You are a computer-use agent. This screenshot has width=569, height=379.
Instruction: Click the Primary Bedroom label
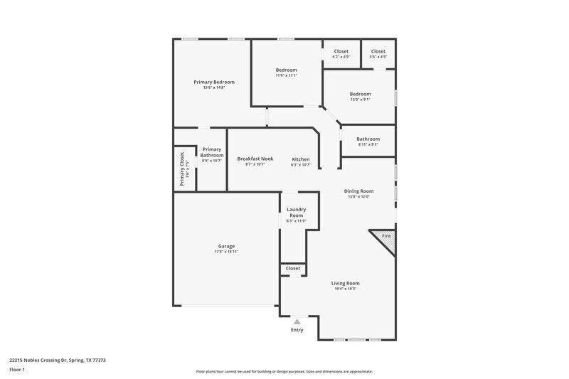tap(214, 82)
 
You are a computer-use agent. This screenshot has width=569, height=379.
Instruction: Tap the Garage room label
tap(226, 246)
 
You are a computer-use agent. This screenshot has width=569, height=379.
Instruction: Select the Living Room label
tap(346, 283)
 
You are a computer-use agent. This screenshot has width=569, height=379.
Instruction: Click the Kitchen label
tap(301, 159)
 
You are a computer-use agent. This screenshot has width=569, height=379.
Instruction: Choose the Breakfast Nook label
tap(255, 159)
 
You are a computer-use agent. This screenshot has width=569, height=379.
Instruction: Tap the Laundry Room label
tap(296, 212)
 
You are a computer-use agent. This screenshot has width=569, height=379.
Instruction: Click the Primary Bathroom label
tap(212, 152)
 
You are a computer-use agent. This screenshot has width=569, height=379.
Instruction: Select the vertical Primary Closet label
tap(182, 169)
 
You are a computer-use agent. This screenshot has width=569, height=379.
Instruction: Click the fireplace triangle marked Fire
tap(385, 237)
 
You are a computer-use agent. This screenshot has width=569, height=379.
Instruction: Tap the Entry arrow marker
tap(297, 322)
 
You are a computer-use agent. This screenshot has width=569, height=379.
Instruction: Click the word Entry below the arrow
tap(297, 330)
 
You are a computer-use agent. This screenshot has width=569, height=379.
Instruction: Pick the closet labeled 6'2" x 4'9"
tap(341, 57)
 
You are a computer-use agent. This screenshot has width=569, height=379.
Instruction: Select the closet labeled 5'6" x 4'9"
tap(378, 57)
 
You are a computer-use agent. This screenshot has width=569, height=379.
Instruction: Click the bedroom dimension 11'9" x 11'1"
tap(286, 75)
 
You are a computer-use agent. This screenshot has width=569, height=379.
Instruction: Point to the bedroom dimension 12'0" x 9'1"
tap(360, 99)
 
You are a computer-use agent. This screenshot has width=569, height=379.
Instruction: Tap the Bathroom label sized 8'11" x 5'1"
tap(368, 139)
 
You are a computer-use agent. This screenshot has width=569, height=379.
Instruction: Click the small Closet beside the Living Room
tap(293, 269)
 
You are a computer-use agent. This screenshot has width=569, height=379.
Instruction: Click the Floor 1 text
tap(18, 370)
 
